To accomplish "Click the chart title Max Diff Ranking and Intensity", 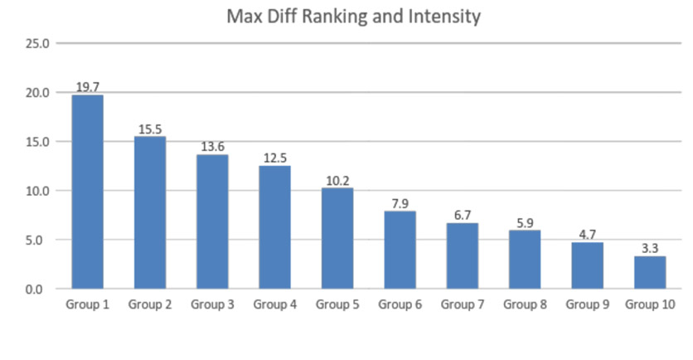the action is (354, 17).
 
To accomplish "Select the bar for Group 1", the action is (88, 192).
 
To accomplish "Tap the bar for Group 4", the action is (275, 227).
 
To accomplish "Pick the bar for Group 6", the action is (400, 250).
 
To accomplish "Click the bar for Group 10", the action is (650, 272).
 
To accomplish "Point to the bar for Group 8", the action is (525, 260).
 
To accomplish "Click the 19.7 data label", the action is (88, 87).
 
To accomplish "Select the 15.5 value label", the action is (150, 129).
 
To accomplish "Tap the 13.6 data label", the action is (212, 146).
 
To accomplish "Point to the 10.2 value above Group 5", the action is (337, 181).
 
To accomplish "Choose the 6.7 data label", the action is (463, 216).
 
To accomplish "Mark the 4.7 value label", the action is (588, 235).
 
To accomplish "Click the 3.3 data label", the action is (650, 249).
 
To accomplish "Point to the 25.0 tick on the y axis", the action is (37, 44).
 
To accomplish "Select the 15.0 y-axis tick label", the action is (37, 142).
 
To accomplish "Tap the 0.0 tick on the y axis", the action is (34, 289).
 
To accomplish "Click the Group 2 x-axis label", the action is (150, 304).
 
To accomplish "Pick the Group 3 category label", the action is (212, 304).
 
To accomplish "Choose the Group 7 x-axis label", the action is (463, 304).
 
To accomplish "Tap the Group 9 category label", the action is (588, 304).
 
